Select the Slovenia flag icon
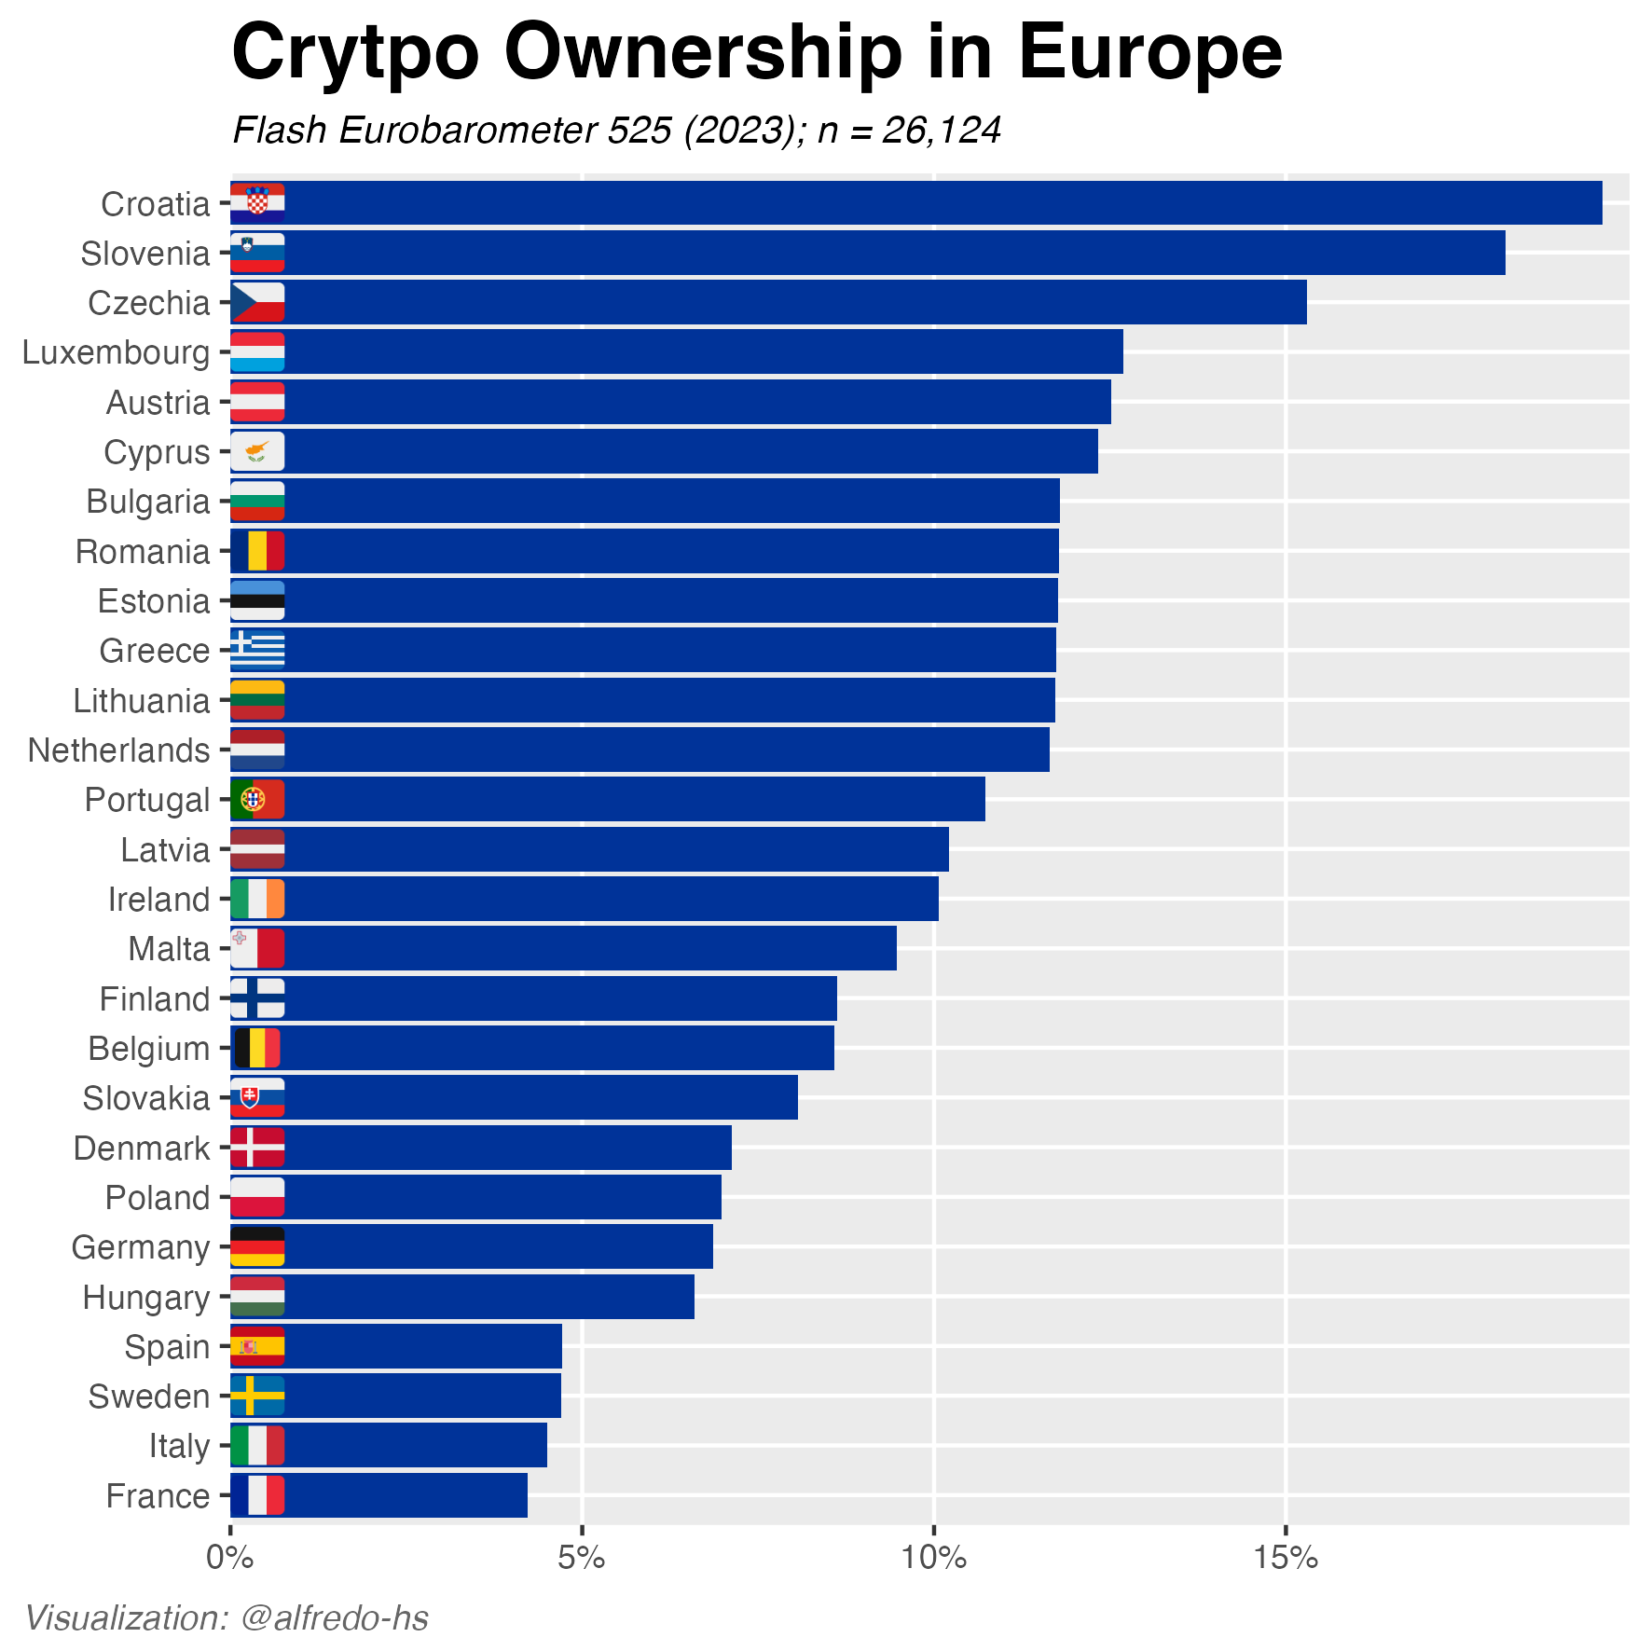[257, 253]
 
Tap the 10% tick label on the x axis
[933, 1558]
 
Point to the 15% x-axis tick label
[1285, 1558]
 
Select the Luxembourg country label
[117, 352]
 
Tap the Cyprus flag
[257, 451]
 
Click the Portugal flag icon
[257, 799]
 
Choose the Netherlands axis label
[119, 750]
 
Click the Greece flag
[257, 650]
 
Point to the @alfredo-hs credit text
[335, 1618]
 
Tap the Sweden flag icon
[257, 1396]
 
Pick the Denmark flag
[257, 1147]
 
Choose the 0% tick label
[228, 1558]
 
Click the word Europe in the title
[1149, 54]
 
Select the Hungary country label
[146, 1297]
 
